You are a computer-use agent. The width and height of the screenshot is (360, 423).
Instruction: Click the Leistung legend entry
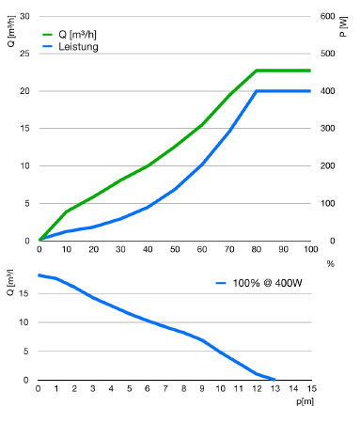(x=70, y=47)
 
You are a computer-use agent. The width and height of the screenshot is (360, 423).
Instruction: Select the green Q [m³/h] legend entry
(x=70, y=35)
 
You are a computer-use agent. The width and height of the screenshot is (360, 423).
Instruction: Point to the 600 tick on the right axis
(x=327, y=16)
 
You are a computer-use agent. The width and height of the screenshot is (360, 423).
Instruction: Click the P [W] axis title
(x=344, y=26)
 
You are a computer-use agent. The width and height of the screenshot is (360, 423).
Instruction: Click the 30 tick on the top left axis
(x=24, y=16)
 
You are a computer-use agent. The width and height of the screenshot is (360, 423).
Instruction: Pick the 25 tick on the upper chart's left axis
(x=24, y=54)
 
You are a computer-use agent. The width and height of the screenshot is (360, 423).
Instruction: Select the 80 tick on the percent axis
(x=257, y=249)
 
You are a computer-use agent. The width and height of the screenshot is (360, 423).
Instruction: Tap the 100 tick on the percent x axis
(x=311, y=249)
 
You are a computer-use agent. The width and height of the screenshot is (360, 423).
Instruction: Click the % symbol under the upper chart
(x=331, y=264)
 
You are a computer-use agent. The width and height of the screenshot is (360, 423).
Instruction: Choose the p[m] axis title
(x=305, y=401)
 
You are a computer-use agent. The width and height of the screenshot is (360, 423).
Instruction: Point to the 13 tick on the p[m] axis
(x=275, y=389)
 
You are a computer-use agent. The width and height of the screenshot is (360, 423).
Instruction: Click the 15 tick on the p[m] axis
(x=312, y=389)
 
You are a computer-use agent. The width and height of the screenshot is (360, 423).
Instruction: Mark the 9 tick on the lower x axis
(x=202, y=389)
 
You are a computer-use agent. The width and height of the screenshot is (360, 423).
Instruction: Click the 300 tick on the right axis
(x=327, y=129)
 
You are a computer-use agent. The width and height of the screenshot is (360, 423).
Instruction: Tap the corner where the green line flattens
(x=257, y=70)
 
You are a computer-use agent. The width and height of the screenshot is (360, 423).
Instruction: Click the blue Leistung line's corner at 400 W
(x=257, y=91)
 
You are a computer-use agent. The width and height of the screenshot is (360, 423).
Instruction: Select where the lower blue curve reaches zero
(x=274, y=380)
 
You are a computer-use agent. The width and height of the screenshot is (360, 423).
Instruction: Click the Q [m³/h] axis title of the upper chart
(x=11, y=31)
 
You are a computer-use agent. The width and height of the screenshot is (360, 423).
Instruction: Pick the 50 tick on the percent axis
(x=175, y=249)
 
